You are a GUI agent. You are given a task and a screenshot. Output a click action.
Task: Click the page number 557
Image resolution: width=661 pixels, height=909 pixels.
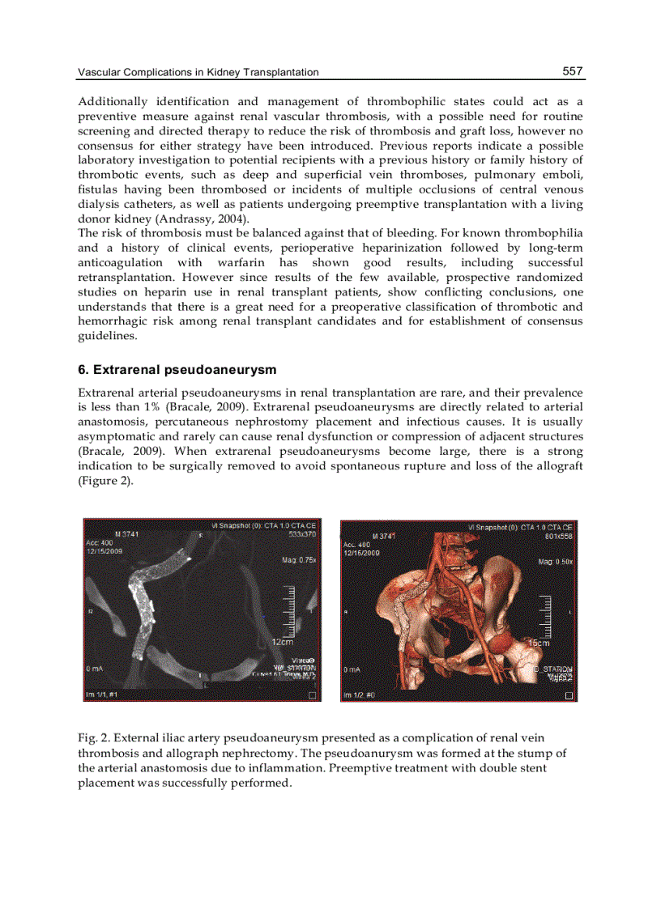(573, 71)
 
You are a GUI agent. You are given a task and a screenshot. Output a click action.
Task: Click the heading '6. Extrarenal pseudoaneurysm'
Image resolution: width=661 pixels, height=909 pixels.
(177, 370)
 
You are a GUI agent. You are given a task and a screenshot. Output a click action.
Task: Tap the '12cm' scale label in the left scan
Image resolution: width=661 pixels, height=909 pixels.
(282, 641)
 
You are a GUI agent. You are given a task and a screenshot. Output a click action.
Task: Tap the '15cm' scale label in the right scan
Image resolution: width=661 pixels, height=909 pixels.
(539, 643)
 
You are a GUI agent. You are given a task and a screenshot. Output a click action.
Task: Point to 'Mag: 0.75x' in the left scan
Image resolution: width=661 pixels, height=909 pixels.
(299, 559)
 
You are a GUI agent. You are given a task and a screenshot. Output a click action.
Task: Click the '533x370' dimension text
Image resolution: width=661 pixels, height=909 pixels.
(302, 534)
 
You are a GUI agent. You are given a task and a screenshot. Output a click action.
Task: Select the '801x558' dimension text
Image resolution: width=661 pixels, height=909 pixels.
(559, 536)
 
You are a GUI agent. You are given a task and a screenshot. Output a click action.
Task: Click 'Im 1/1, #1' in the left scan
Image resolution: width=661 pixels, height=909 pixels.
(103, 694)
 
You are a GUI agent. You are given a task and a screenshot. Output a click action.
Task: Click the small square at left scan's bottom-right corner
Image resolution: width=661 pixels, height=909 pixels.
(313, 694)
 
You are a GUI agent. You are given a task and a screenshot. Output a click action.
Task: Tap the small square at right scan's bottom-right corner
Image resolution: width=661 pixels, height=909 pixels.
(569, 695)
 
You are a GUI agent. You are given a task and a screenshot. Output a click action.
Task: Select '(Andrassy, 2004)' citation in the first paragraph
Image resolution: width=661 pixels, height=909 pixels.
(181, 219)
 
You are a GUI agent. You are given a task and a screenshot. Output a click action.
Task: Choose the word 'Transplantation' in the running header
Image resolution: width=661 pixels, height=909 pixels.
(278, 73)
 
